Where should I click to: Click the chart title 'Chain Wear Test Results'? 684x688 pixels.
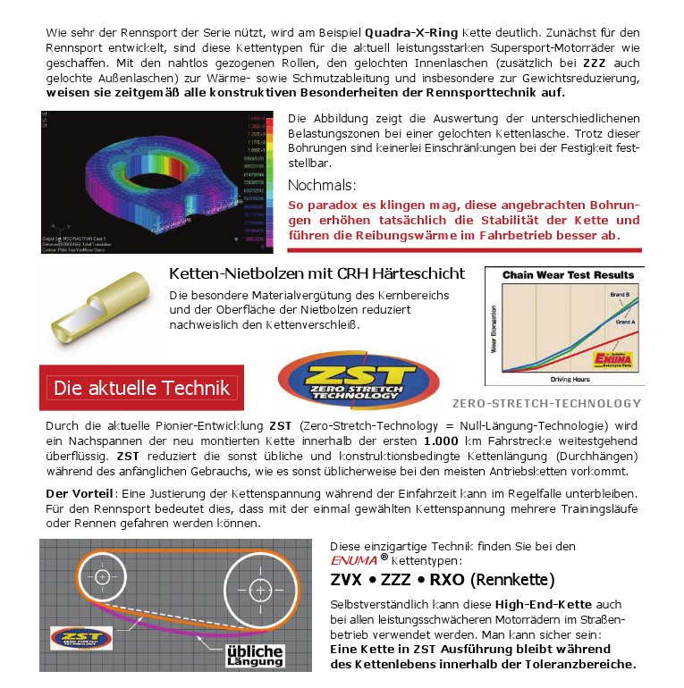568,275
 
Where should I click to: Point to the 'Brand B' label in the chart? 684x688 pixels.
621,294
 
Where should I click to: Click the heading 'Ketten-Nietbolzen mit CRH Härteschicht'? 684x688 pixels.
317,273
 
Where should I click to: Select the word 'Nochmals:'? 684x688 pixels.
322,185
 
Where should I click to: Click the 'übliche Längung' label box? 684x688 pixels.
254,656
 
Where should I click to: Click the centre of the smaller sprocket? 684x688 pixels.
103,576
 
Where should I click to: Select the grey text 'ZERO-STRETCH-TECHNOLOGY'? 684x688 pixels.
546,403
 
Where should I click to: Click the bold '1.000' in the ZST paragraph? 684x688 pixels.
441,441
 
